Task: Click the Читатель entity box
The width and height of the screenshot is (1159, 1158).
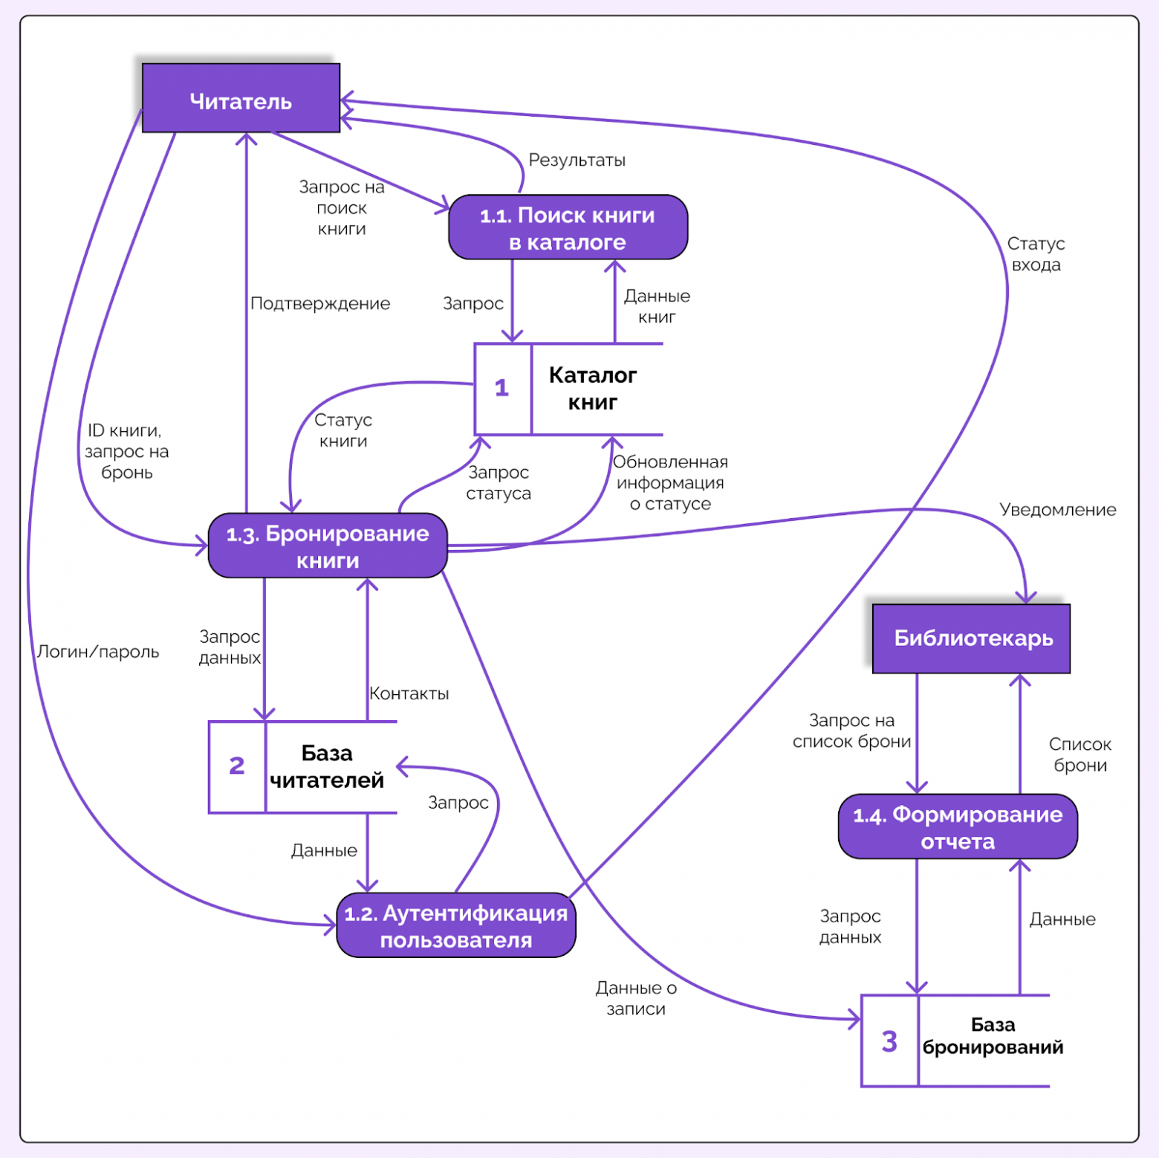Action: (x=241, y=99)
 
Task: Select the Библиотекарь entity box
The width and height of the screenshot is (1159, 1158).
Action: (x=972, y=638)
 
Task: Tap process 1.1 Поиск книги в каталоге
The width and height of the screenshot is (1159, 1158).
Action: (x=568, y=227)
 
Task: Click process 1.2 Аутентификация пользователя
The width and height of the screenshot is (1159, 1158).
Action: (x=455, y=925)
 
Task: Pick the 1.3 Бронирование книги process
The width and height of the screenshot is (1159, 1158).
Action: (x=328, y=546)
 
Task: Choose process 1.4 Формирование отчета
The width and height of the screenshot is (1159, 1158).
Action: (x=958, y=827)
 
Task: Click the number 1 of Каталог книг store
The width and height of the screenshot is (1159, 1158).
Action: (x=502, y=388)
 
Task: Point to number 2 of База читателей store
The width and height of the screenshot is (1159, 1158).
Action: (x=237, y=766)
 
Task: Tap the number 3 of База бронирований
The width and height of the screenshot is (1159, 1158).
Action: (x=889, y=1041)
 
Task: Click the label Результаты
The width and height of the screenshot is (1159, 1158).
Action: (x=577, y=161)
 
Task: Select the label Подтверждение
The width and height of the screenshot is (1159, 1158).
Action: (x=320, y=303)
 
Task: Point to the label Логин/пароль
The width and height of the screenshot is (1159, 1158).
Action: (x=98, y=652)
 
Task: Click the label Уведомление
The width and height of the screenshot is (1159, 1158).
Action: (x=1057, y=510)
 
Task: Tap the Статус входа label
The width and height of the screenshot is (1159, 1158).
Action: (x=1036, y=254)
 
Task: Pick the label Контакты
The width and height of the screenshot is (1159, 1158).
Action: (x=409, y=693)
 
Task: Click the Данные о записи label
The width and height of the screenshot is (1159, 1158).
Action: (x=636, y=998)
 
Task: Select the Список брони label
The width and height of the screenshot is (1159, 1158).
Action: (x=1080, y=754)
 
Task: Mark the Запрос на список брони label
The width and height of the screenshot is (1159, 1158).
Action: (x=851, y=731)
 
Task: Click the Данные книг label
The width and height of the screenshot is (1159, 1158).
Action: (x=657, y=306)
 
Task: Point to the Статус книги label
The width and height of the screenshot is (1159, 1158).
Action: (x=343, y=430)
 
